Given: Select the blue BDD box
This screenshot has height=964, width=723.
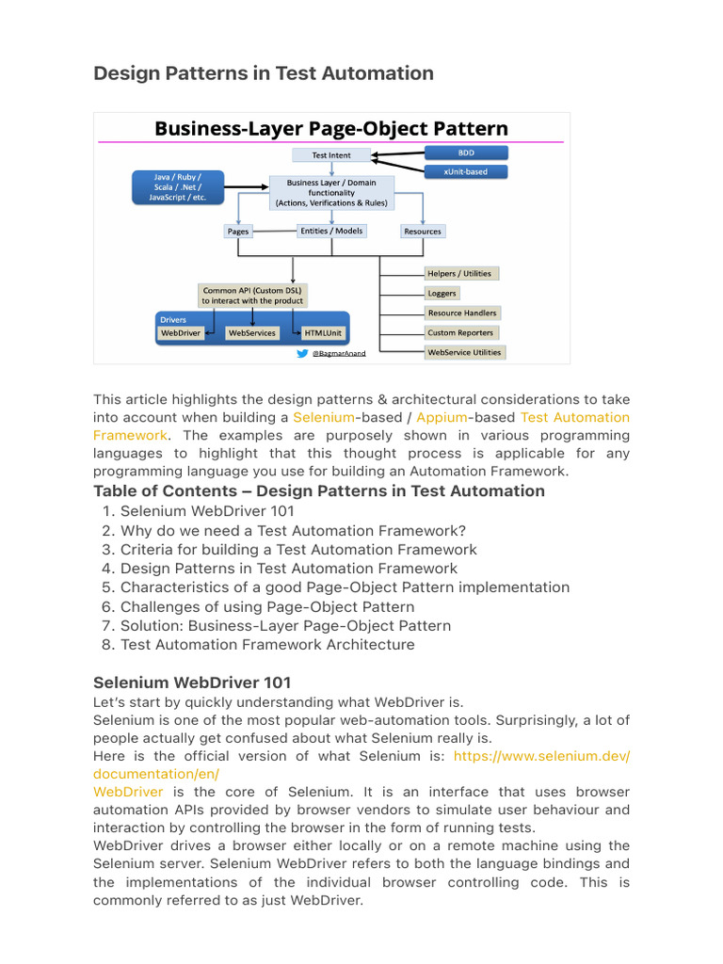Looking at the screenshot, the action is [x=467, y=152].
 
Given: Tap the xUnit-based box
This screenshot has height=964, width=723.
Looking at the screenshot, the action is [x=467, y=172].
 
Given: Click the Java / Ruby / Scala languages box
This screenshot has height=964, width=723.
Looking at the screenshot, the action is [x=178, y=186].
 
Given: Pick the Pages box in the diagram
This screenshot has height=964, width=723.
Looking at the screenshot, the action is [x=237, y=231].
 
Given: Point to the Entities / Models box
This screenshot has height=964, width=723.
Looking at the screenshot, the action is [x=331, y=231].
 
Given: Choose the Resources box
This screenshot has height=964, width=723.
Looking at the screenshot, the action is [x=422, y=231].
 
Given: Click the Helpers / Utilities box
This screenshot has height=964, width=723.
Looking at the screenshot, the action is [x=459, y=273].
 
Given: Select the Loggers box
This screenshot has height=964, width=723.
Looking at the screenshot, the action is [x=442, y=293].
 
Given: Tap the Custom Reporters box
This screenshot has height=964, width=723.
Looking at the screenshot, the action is [x=460, y=332].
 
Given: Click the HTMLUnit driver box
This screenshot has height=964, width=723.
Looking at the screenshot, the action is [x=323, y=333].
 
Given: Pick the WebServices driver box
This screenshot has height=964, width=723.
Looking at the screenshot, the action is [x=252, y=333].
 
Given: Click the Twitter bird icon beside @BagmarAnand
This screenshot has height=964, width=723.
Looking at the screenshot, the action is [x=302, y=354].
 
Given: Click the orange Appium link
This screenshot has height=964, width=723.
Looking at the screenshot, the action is [x=442, y=417].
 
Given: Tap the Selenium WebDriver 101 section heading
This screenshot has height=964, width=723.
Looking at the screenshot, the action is [x=192, y=683].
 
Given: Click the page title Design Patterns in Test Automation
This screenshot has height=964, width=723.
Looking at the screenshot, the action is [x=264, y=73].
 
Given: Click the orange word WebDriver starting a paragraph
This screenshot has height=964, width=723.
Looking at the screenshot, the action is [x=127, y=792].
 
